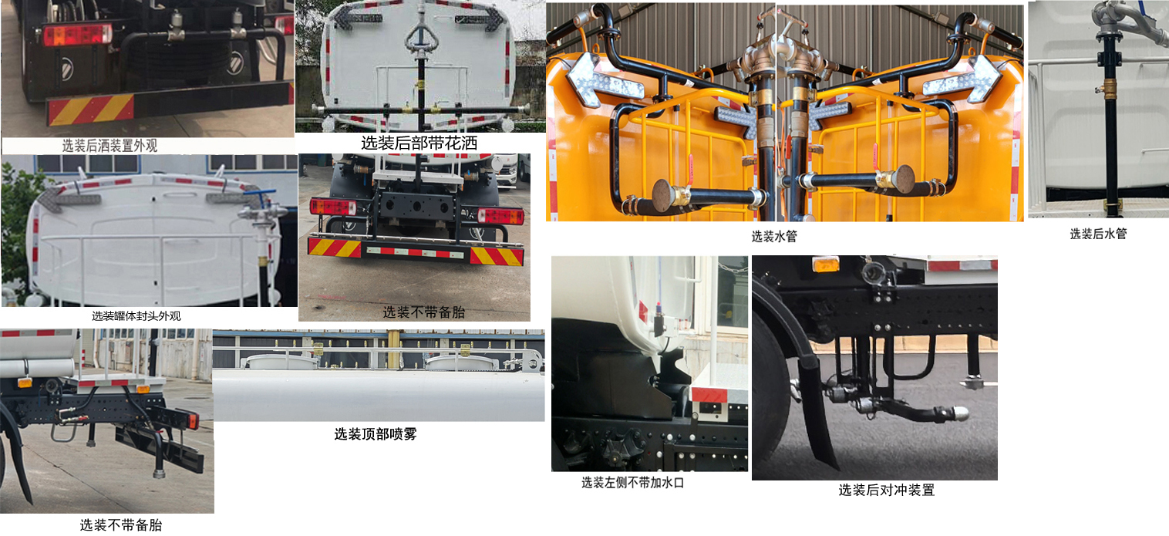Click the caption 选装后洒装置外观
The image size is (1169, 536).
coord(109,146)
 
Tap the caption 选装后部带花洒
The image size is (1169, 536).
coord(419,143)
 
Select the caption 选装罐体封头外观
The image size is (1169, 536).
coord(136,315)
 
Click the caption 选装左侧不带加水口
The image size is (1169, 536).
coord(632,483)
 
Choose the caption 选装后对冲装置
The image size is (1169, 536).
coord(886,490)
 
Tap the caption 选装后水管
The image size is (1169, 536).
coord(1097,234)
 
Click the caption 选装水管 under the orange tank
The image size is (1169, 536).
coord(773,237)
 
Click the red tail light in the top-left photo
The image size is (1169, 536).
coord(77,35)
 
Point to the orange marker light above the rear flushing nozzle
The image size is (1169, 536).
coord(826,265)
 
